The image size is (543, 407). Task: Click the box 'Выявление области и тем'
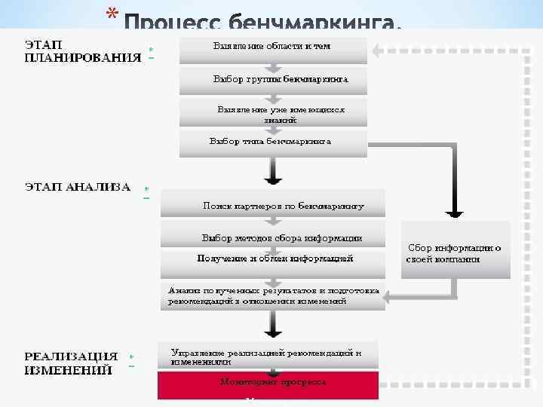point(272,48)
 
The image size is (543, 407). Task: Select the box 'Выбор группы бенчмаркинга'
point(272,79)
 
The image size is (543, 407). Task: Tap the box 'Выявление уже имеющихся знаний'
point(272,113)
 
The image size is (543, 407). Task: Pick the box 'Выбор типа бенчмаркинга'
point(272,142)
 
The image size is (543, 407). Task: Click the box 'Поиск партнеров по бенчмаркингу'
point(273,204)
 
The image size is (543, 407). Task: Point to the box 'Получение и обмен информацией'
point(273,260)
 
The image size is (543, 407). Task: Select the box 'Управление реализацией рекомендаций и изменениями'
point(268,357)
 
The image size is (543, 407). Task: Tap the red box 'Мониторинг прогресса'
point(268,384)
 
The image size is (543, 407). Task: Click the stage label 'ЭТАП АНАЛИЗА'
point(78,187)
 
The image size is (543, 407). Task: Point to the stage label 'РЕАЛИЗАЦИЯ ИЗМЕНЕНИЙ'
point(71,363)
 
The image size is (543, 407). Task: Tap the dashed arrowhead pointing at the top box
point(382,52)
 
